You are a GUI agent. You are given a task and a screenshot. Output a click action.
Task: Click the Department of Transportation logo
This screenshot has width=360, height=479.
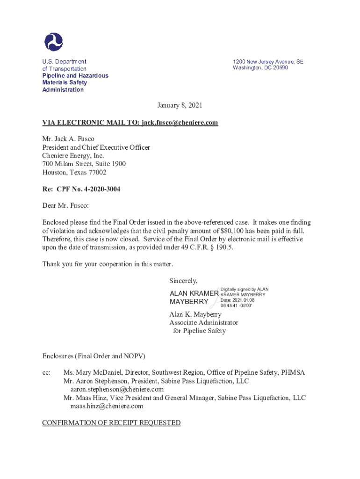[x=53, y=42]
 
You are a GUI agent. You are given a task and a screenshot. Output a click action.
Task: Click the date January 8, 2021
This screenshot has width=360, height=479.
[x=180, y=106]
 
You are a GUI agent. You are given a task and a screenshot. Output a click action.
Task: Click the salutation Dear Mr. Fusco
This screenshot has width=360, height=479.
[x=65, y=205]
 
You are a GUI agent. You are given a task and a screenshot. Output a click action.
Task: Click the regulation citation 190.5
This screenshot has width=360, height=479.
[x=223, y=247]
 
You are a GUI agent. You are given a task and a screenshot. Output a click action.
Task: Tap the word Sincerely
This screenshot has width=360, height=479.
[x=183, y=281]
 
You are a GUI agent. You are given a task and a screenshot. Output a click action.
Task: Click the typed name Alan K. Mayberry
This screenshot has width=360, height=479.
[x=195, y=314]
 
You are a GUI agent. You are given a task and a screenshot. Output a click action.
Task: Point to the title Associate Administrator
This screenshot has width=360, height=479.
[x=203, y=322]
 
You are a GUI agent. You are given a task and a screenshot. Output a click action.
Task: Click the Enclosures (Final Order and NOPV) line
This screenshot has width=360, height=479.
[x=94, y=356]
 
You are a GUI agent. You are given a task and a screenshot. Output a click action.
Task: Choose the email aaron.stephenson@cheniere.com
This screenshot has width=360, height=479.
[x=117, y=389]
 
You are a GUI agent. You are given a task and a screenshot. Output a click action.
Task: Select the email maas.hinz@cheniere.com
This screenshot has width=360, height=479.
[x=107, y=406]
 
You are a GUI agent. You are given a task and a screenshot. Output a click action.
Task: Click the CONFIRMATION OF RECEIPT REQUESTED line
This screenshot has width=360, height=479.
[x=111, y=423]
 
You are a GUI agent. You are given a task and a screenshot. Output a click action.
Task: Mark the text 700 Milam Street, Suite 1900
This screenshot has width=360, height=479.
[x=84, y=164]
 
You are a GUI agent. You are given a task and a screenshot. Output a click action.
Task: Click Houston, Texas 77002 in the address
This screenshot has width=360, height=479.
[x=74, y=172]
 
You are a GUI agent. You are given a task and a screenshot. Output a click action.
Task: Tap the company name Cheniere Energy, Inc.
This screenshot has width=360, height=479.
[x=73, y=156]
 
